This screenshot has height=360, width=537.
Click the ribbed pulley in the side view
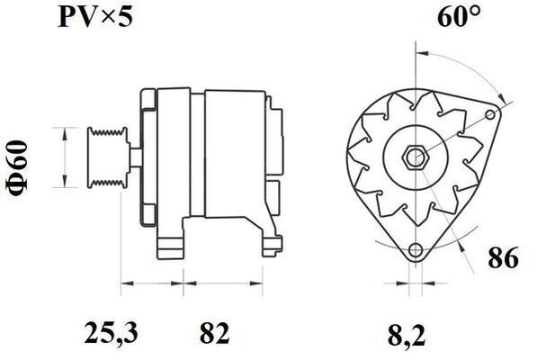[x=105, y=158]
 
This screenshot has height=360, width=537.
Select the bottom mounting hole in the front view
[x=415, y=251]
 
